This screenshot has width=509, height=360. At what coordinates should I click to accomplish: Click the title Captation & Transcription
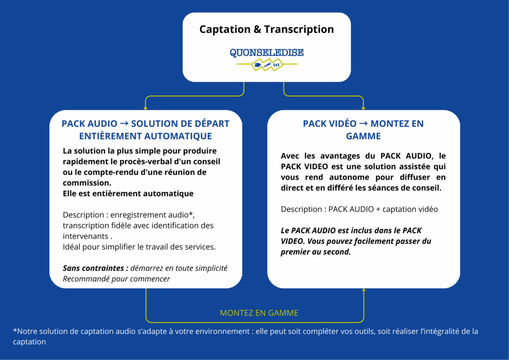(x=266, y=29)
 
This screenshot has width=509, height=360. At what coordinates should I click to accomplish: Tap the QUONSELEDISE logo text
(x=266, y=53)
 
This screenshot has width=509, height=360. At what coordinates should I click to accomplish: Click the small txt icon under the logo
(x=277, y=65)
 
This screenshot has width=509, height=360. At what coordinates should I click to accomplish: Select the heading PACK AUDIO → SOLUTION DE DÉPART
(x=146, y=123)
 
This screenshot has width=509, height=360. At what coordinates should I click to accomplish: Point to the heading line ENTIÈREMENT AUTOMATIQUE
(x=146, y=136)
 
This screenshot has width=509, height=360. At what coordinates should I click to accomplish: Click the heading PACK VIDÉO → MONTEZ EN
(x=363, y=123)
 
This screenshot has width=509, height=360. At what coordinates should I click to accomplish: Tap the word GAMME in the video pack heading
(x=363, y=136)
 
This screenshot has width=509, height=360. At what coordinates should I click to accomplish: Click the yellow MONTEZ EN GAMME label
(x=259, y=313)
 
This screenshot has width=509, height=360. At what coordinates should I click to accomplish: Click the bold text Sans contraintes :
(x=95, y=268)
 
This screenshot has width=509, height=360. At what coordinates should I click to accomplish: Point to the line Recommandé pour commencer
(x=116, y=278)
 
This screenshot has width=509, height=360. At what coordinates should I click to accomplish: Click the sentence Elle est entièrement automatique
(x=128, y=193)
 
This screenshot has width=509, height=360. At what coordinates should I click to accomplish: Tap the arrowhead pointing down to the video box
(x=363, y=107)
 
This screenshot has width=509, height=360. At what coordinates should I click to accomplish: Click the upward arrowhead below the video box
(x=363, y=291)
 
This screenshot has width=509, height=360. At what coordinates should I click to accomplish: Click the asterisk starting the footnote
(x=15, y=331)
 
